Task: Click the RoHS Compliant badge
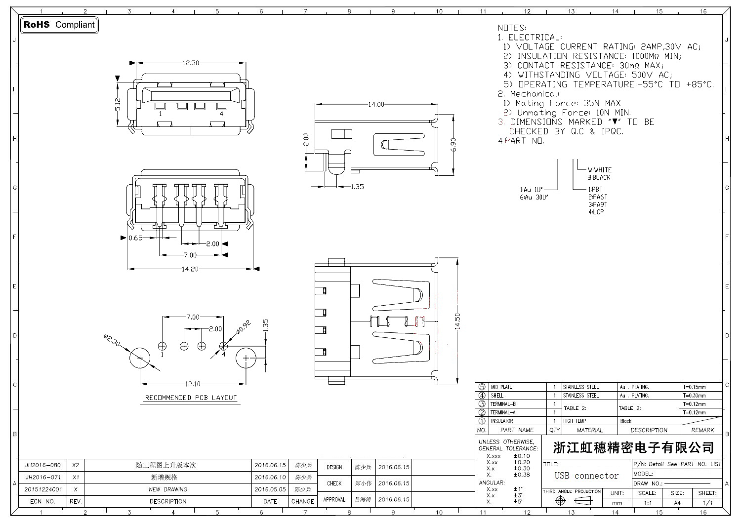pyautogui.click(x=59, y=25)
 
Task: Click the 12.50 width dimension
pyautogui.click(x=191, y=63)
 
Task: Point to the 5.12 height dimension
pyautogui.click(x=118, y=104)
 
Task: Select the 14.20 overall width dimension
pyautogui.click(x=190, y=269)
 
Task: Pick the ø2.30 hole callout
pyautogui.click(x=111, y=341)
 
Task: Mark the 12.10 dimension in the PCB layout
pyautogui.click(x=192, y=384)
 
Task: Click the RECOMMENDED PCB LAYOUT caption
pyautogui.click(x=191, y=398)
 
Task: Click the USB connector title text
pyautogui.click(x=586, y=476)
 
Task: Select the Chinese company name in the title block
pyautogui.click(x=633, y=448)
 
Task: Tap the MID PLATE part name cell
pyautogui.click(x=501, y=387)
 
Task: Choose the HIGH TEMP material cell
pyautogui.click(x=575, y=421)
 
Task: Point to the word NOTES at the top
pyautogui.click(x=511, y=28)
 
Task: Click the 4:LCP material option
pyautogui.click(x=596, y=212)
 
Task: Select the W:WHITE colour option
pyautogui.click(x=599, y=170)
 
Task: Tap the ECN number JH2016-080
pyautogui.click(x=43, y=465)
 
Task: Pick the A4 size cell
pyautogui.click(x=677, y=503)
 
